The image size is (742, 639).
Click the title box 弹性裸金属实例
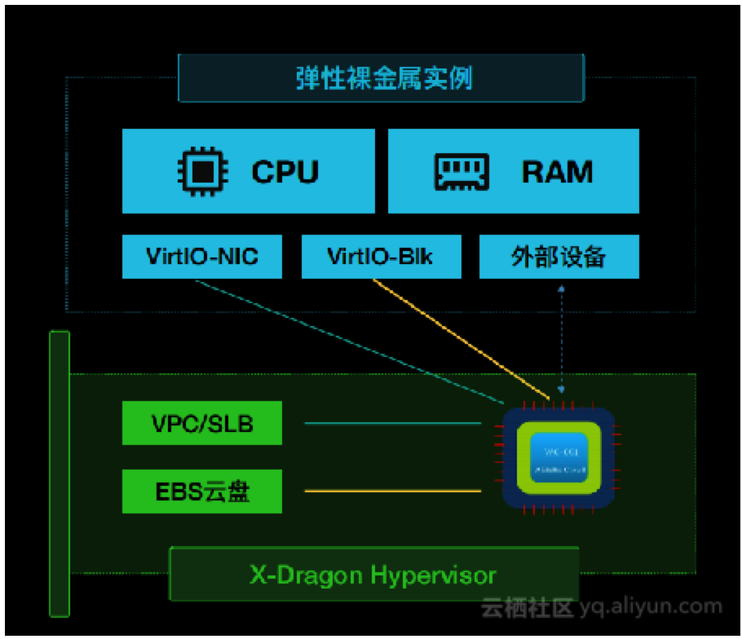tap(382, 79)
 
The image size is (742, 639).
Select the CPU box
tap(249, 170)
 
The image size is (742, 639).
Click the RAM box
tap(513, 170)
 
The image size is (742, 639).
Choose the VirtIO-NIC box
tap(202, 257)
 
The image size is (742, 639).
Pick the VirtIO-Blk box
tap(380, 257)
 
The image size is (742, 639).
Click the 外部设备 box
tap(559, 257)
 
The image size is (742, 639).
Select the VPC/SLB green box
tap(202, 424)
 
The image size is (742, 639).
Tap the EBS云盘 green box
tap(202, 491)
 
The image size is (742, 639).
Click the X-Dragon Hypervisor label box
tap(373, 575)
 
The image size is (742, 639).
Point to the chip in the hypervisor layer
tap(558, 457)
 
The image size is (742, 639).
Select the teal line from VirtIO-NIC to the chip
tap(351, 342)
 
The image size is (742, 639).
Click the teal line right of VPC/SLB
tap(392, 424)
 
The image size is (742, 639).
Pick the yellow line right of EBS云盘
tap(392, 491)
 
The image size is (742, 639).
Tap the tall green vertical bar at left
tap(60, 473)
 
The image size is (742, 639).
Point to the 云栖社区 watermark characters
tap(528, 608)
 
